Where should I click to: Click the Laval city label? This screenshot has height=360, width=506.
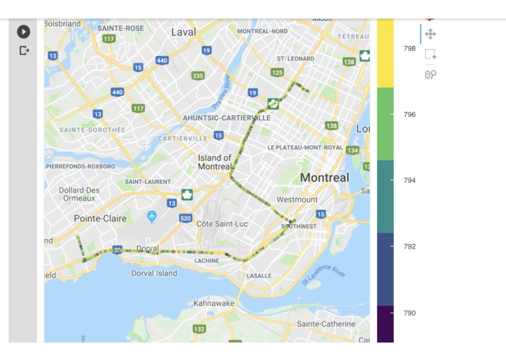click(183, 32)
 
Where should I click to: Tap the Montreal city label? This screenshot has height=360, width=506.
click(324, 178)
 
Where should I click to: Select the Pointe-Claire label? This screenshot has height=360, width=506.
click(100, 219)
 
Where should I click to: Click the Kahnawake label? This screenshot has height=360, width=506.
click(214, 303)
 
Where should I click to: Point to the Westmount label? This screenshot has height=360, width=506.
click(297, 199)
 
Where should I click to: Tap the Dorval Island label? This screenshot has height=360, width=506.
click(154, 273)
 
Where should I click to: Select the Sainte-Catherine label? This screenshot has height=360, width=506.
click(325, 324)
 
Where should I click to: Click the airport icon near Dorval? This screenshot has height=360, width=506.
click(151, 216)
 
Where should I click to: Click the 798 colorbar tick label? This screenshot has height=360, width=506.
click(410, 48)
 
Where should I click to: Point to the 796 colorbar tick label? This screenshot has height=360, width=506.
click(410, 114)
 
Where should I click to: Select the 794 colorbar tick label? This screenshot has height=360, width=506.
click(410, 180)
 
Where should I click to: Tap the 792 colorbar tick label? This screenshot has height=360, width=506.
click(410, 246)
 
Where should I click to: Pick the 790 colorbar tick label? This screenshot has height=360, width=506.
click(410, 313)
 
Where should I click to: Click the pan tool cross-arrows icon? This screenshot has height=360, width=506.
click(430, 34)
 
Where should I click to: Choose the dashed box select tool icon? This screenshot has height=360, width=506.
click(430, 55)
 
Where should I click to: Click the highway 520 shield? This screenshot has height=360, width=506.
click(186, 218)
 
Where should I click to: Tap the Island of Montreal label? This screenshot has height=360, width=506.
click(215, 162)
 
